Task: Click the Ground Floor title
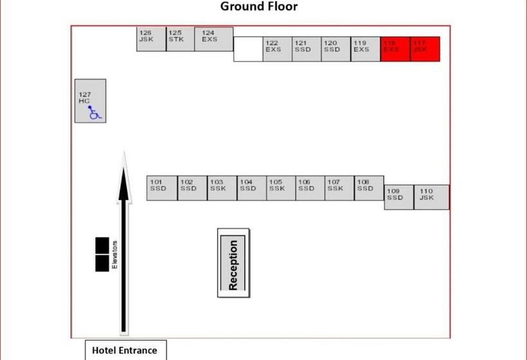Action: point(259,7)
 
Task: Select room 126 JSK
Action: point(151,39)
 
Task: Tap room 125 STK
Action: point(181,39)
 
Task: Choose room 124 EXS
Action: point(214,39)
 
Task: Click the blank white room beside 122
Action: point(248,50)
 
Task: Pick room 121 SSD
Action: point(307,50)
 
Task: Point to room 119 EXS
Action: point(365,50)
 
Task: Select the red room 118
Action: point(395,50)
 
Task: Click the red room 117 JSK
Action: point(425,50)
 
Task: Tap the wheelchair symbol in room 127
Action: point(94,113)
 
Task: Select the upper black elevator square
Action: point(102,245)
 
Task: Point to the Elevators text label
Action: point(115,255)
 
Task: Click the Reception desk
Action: point(233,264)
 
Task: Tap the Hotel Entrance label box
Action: point(125,350)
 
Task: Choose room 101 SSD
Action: point(161,188)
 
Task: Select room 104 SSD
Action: point(251,188)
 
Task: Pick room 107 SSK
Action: point(339,188)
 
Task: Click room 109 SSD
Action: point(398,197)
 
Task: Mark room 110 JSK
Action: point(431,197)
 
